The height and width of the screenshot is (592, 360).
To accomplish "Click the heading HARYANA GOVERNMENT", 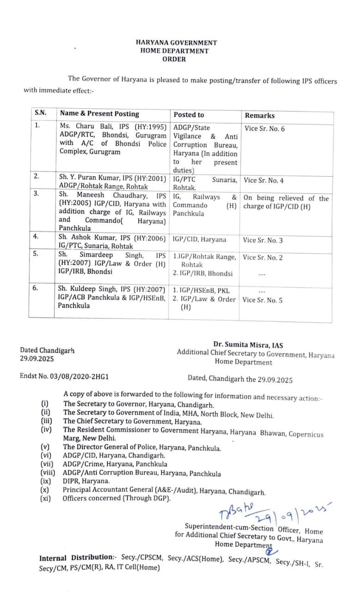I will tap(176, 43).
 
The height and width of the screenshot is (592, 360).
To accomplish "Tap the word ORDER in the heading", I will tap(174, 59).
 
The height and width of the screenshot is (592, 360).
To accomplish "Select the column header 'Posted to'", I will tap(189, 115).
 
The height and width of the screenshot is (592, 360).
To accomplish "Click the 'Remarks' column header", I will tap(259, 116).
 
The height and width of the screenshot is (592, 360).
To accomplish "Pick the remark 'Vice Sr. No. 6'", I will tap(265, 129).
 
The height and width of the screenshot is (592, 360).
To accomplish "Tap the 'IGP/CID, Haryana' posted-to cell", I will tap(199, 240).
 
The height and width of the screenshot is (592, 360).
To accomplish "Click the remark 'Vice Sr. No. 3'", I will tap(262, 240).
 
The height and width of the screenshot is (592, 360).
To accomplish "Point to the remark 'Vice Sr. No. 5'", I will tap(262, 300).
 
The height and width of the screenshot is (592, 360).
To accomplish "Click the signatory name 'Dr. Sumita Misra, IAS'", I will tap(248, 345).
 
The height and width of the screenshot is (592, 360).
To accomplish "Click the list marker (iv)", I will tap(46, 429).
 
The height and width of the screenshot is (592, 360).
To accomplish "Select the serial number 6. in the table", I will tap(37, 287).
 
